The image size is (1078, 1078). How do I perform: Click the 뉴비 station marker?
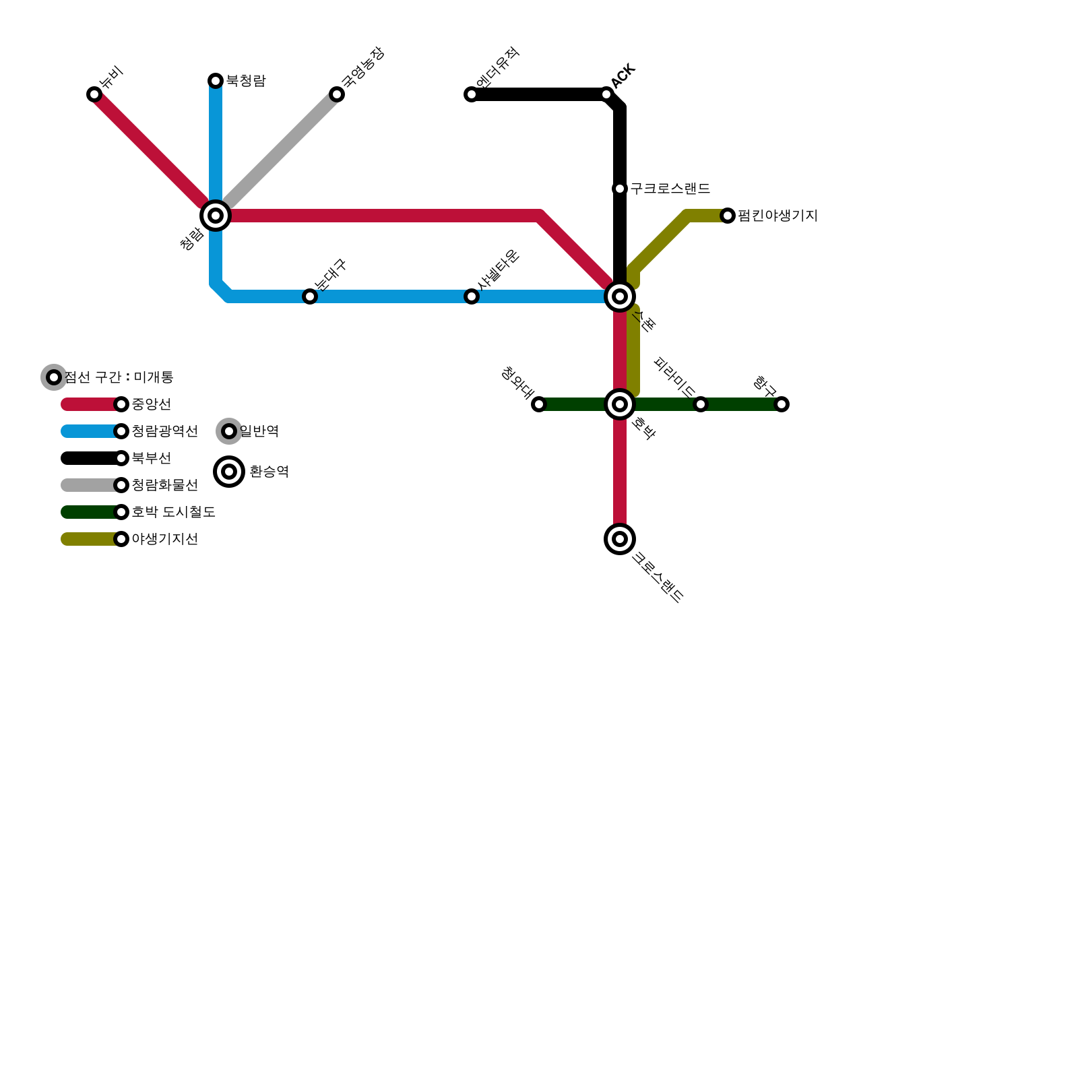94,94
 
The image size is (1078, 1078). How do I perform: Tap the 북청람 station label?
245,81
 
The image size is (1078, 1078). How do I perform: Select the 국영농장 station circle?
337,94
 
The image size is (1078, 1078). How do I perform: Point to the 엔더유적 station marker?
472,94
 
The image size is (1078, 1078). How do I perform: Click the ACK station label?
624,75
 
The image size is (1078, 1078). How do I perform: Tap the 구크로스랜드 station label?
670,189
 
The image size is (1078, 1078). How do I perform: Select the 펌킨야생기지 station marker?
728,216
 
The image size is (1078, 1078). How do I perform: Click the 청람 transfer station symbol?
216,216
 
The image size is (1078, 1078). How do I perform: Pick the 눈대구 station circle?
310,296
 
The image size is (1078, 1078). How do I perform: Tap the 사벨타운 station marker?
472,296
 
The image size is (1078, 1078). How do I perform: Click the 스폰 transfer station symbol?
620,296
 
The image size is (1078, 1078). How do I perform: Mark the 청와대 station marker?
539,404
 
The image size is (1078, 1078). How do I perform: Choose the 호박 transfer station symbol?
620,404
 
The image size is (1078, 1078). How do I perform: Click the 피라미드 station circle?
701,404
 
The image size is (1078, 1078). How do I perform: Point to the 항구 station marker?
782,404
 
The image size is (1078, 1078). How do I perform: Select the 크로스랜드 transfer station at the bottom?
620,539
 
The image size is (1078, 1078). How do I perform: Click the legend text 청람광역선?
164,431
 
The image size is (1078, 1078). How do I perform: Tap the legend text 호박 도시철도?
173,512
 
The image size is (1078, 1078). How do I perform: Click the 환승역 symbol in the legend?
229,472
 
